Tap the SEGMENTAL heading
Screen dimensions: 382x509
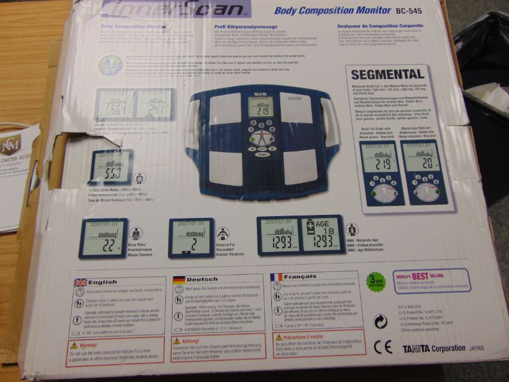(x=387, y=75)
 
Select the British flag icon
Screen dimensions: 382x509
(x=80, y=281)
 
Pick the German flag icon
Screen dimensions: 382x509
(x=178, y=279)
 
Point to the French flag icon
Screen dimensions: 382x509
(x=276, y=277)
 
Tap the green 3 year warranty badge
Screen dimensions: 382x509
(x=376, y=281)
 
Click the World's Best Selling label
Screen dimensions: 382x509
(x=431, y=279)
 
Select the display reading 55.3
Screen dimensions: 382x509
(x=110, y=167)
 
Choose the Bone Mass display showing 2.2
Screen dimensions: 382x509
(x=103, y=238)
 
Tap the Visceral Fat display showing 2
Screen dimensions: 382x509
(x=190, y=237)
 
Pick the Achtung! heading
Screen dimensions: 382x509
(x=190, y=342)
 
